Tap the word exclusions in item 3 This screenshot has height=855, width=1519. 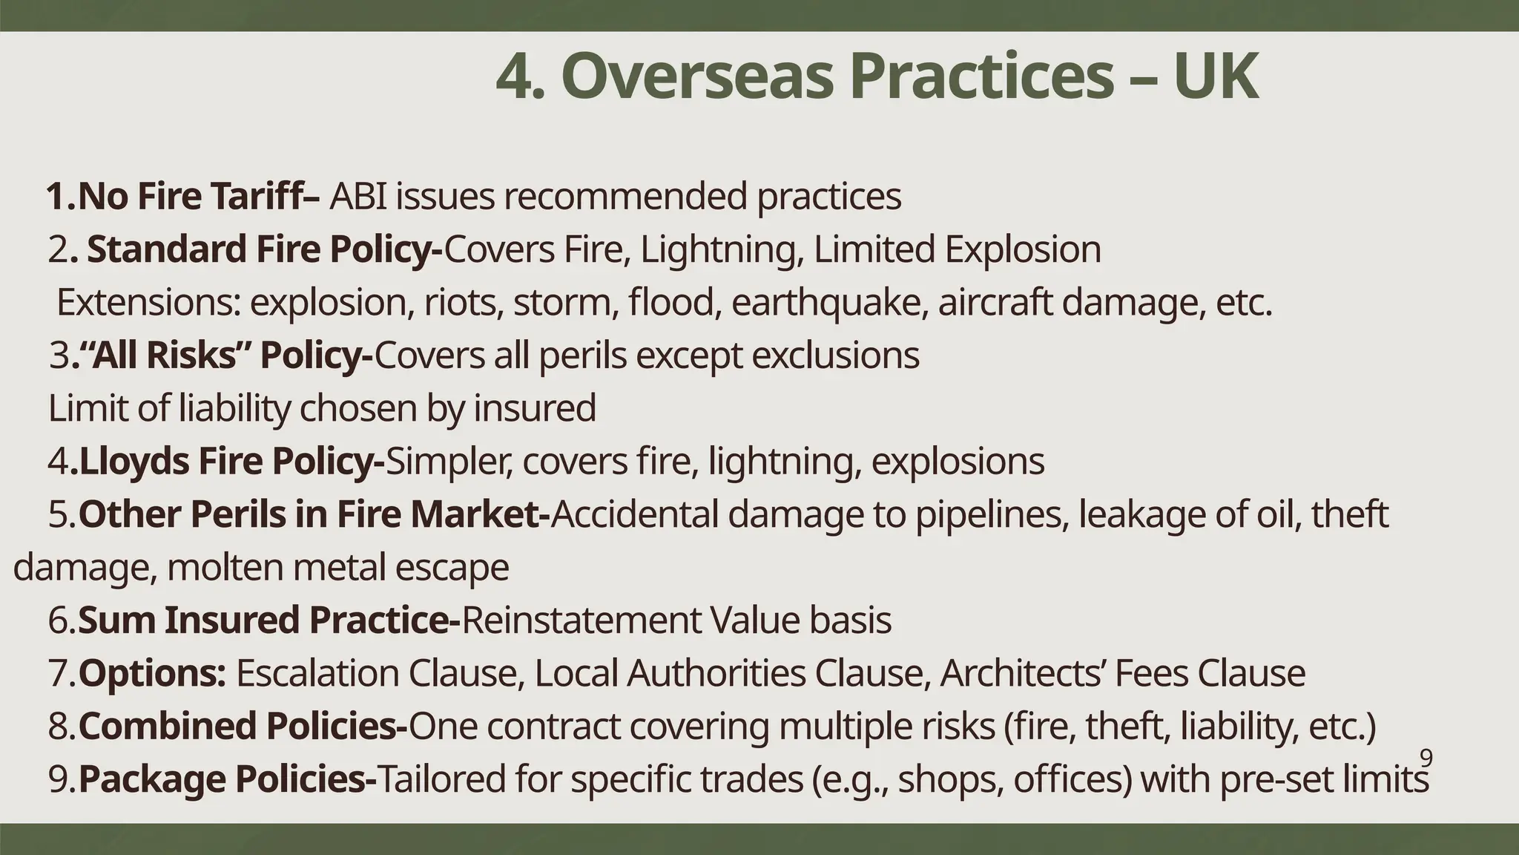coord(835,356)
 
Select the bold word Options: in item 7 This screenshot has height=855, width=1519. coord(152,673)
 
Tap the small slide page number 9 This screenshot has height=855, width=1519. coord(1426,758)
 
